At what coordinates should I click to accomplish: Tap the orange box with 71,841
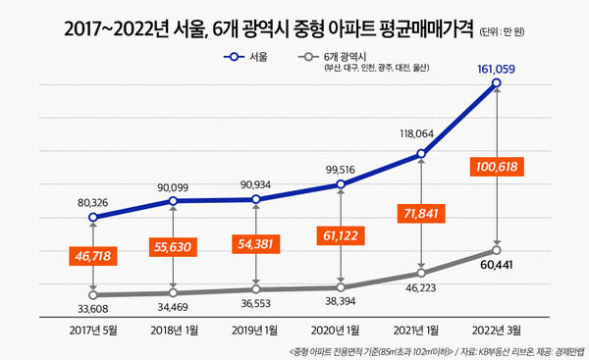tap(420, 213)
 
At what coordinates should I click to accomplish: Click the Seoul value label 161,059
tap(497, 69)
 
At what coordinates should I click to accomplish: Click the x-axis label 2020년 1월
tap(339, 332)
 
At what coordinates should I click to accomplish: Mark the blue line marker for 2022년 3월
tap(498, 84)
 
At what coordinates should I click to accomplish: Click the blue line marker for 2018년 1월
tap(173, 201)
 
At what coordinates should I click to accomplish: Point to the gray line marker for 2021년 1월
tap(421, 273)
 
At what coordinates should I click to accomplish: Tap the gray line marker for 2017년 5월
tap(91, 294)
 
